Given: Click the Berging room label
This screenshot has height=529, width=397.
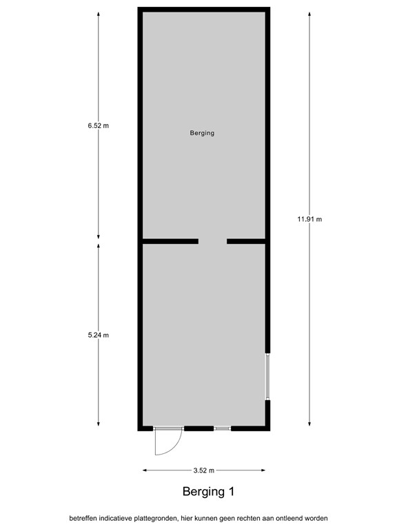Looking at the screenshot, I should coord(202,133).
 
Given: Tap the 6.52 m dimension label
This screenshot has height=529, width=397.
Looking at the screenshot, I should coord(99,125).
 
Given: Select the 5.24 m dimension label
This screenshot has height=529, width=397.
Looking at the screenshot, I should coord(99,335).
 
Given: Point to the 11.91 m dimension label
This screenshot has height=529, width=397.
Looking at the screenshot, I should coord(309,219).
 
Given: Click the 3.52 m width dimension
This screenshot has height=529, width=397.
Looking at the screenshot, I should coord(204,470).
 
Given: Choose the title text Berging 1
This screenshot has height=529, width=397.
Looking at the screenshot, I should coord(209,492).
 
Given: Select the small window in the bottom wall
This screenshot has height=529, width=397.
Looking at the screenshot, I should coord(222,428).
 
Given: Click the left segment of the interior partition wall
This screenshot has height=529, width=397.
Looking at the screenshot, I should coord(170,241).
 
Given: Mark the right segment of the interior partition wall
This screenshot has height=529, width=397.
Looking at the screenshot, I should coord(247,241).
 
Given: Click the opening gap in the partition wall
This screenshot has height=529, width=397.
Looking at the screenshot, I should coord(213,241).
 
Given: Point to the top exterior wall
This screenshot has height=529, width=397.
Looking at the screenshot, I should coord(204,10).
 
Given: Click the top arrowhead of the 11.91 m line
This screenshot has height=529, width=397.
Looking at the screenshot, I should coord(309,13).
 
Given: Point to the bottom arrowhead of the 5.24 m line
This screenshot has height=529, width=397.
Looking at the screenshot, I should coord(99,423).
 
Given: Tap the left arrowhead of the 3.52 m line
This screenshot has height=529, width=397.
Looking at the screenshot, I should coord(145,470).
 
